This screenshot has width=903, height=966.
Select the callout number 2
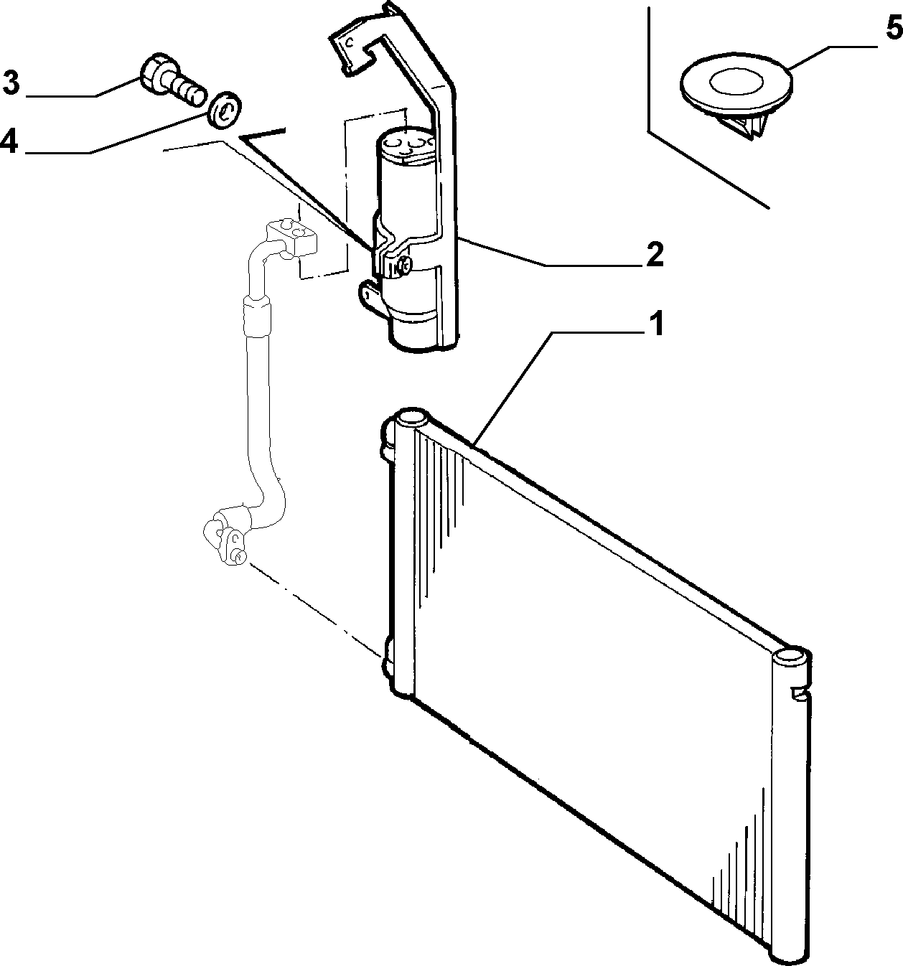[655, 254]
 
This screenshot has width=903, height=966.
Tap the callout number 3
[11, 83]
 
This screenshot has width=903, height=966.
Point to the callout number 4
[9, 142]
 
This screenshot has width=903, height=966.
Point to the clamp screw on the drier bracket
[403, 264]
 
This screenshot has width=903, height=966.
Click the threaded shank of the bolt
[188, 90]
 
